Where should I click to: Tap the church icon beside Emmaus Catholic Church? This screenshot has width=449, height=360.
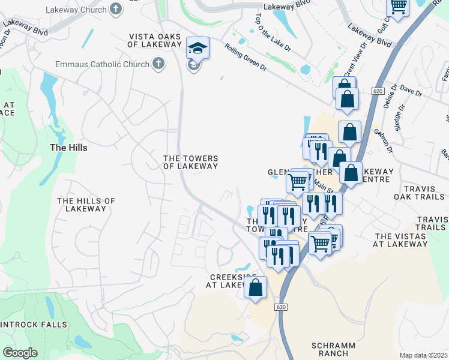(x=158, y=64)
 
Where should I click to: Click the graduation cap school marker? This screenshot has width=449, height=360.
(x=197, y=47)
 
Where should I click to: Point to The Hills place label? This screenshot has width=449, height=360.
(x=68, y=148)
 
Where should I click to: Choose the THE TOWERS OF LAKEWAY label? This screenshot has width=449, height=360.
(x=191, y=162)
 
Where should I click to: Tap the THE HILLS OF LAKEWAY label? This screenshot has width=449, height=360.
(x=86, y=205)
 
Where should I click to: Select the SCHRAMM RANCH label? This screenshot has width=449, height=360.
(x=334, y=350)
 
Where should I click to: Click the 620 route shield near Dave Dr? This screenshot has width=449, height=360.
(x=377, y=91)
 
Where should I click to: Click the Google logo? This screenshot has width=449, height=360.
(x=20, y=353)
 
